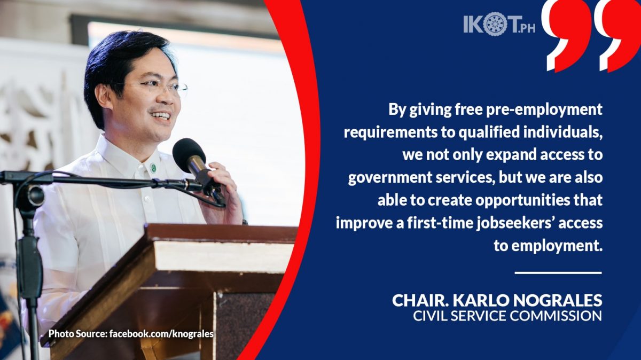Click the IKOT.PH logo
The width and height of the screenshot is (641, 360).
499,24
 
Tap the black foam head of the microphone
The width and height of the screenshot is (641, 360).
189,155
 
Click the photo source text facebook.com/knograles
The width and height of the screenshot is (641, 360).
161,334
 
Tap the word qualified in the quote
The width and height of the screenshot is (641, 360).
490,132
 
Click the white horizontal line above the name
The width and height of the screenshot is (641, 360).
558,273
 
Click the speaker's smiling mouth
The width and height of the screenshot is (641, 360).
160,115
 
